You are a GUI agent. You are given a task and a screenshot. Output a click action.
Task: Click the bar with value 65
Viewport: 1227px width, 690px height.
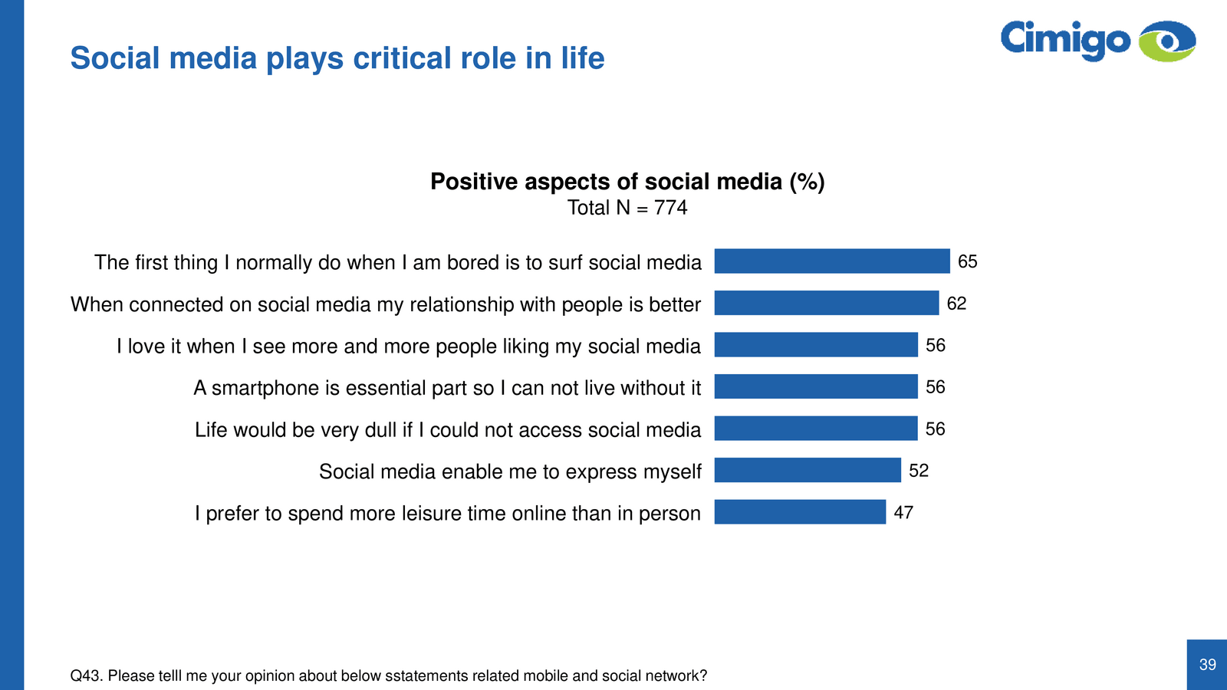tap(832, 261)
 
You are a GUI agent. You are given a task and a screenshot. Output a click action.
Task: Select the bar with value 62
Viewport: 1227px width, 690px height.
tap(827, 303)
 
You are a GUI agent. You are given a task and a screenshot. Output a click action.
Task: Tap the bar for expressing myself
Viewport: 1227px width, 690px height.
tap(808, 470)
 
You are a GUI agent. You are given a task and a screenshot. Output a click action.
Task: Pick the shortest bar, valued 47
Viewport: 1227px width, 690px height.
tap(800, 512)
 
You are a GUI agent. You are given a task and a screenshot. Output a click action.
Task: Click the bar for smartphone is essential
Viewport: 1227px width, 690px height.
tap(816, 386)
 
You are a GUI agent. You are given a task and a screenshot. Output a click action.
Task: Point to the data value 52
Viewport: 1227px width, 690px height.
tap(919, 471)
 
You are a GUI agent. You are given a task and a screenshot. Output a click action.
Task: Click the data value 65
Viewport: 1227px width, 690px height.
tap(968, 262)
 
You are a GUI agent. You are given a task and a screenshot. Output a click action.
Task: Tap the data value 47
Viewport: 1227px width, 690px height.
tap(903, 513)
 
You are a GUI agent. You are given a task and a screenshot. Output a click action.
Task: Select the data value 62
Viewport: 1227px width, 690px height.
tap(956, 304)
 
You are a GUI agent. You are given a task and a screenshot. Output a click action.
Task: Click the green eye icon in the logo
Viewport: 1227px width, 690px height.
tap(1167, 41)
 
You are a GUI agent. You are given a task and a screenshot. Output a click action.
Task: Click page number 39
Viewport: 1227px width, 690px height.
tap(1208, 665)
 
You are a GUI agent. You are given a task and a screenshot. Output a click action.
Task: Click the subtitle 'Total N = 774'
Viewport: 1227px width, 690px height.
tap(627, 208)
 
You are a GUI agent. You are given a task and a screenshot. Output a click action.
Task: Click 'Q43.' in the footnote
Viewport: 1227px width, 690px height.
tap(86, 676)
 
